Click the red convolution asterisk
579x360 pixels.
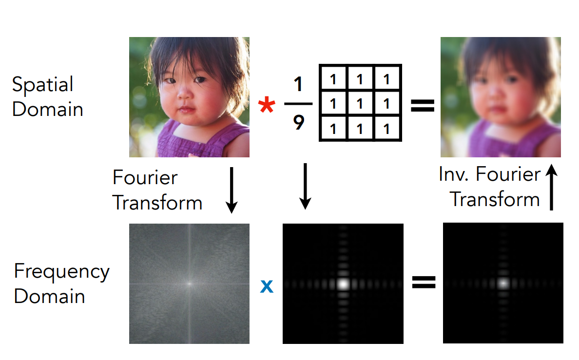coord(267,105)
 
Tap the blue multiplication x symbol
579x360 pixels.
coord(267,286)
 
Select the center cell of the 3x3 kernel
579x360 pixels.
coord(360,104)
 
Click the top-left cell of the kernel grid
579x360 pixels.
coord(334,78)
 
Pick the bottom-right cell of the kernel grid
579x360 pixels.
coord(387,129)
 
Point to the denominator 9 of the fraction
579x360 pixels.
coord(299,122)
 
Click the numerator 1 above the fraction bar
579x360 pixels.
coord(298,84)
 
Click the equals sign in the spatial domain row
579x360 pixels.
coord(423,106)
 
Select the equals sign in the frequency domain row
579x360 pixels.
coord(424,283)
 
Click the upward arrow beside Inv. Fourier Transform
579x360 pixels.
coord(551,187)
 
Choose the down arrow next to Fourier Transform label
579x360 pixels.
coord(232,190)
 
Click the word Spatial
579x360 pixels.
coord(42,85)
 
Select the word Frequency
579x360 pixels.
coord(62,273)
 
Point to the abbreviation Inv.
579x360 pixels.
coord(453,174)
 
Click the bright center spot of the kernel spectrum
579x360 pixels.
coord(344,284)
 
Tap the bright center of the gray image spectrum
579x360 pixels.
coord(190,284)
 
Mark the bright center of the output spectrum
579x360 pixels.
coord(503,283)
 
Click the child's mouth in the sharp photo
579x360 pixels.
coord(187,109)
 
